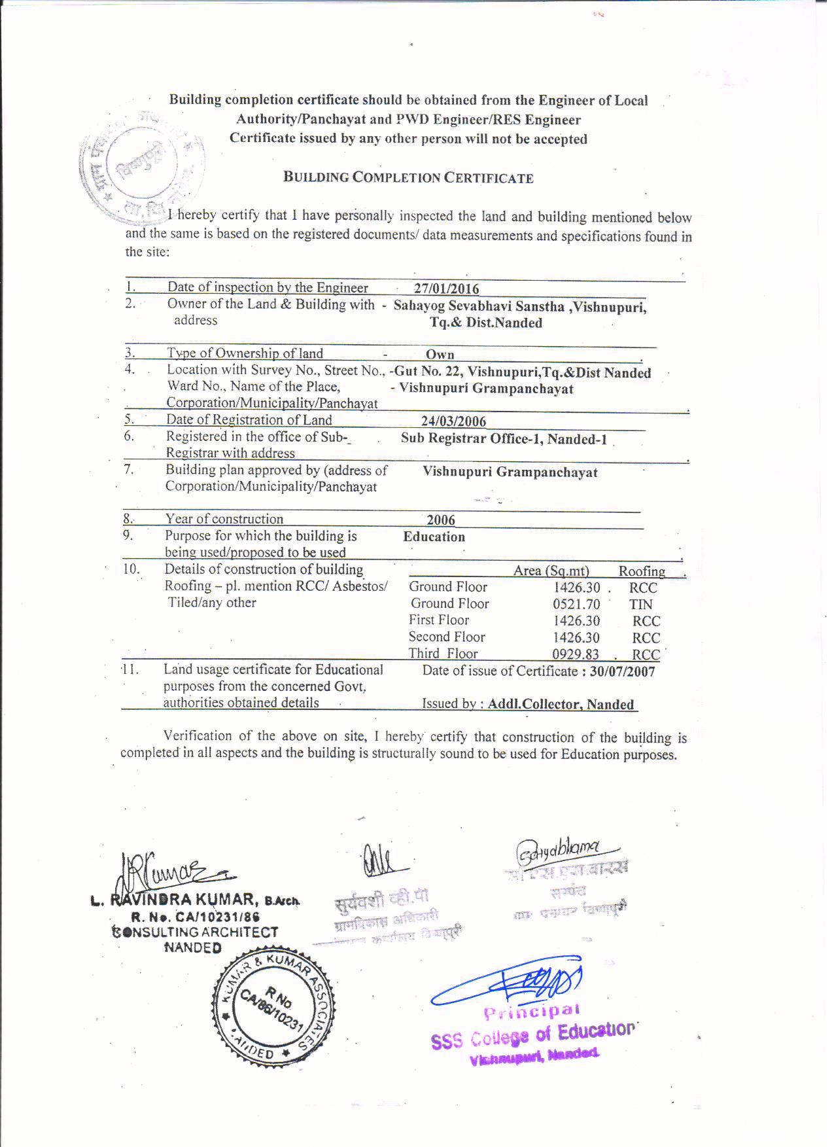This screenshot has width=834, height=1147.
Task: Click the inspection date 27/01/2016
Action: [x=446, y=289]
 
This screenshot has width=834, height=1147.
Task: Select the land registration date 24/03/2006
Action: [x=453, y=421]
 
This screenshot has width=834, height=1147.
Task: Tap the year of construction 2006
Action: [x=441, y=520]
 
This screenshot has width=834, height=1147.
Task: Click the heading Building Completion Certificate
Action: [x=408, y=177]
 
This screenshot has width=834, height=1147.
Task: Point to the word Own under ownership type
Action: [x=440, y=354]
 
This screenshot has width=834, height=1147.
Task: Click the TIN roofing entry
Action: [x=640, y=604]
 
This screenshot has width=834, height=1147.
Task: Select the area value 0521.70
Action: [x=576, y=604]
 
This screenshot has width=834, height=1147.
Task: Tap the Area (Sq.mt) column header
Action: [x=551, y=571]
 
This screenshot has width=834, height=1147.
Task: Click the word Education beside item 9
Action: [x=434, y=537]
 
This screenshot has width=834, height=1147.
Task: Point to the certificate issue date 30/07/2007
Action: [x=622, y=671]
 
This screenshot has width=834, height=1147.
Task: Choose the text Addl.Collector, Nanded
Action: [x=561, y=704]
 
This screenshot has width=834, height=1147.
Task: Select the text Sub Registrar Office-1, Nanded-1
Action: [x=504, y=438]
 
